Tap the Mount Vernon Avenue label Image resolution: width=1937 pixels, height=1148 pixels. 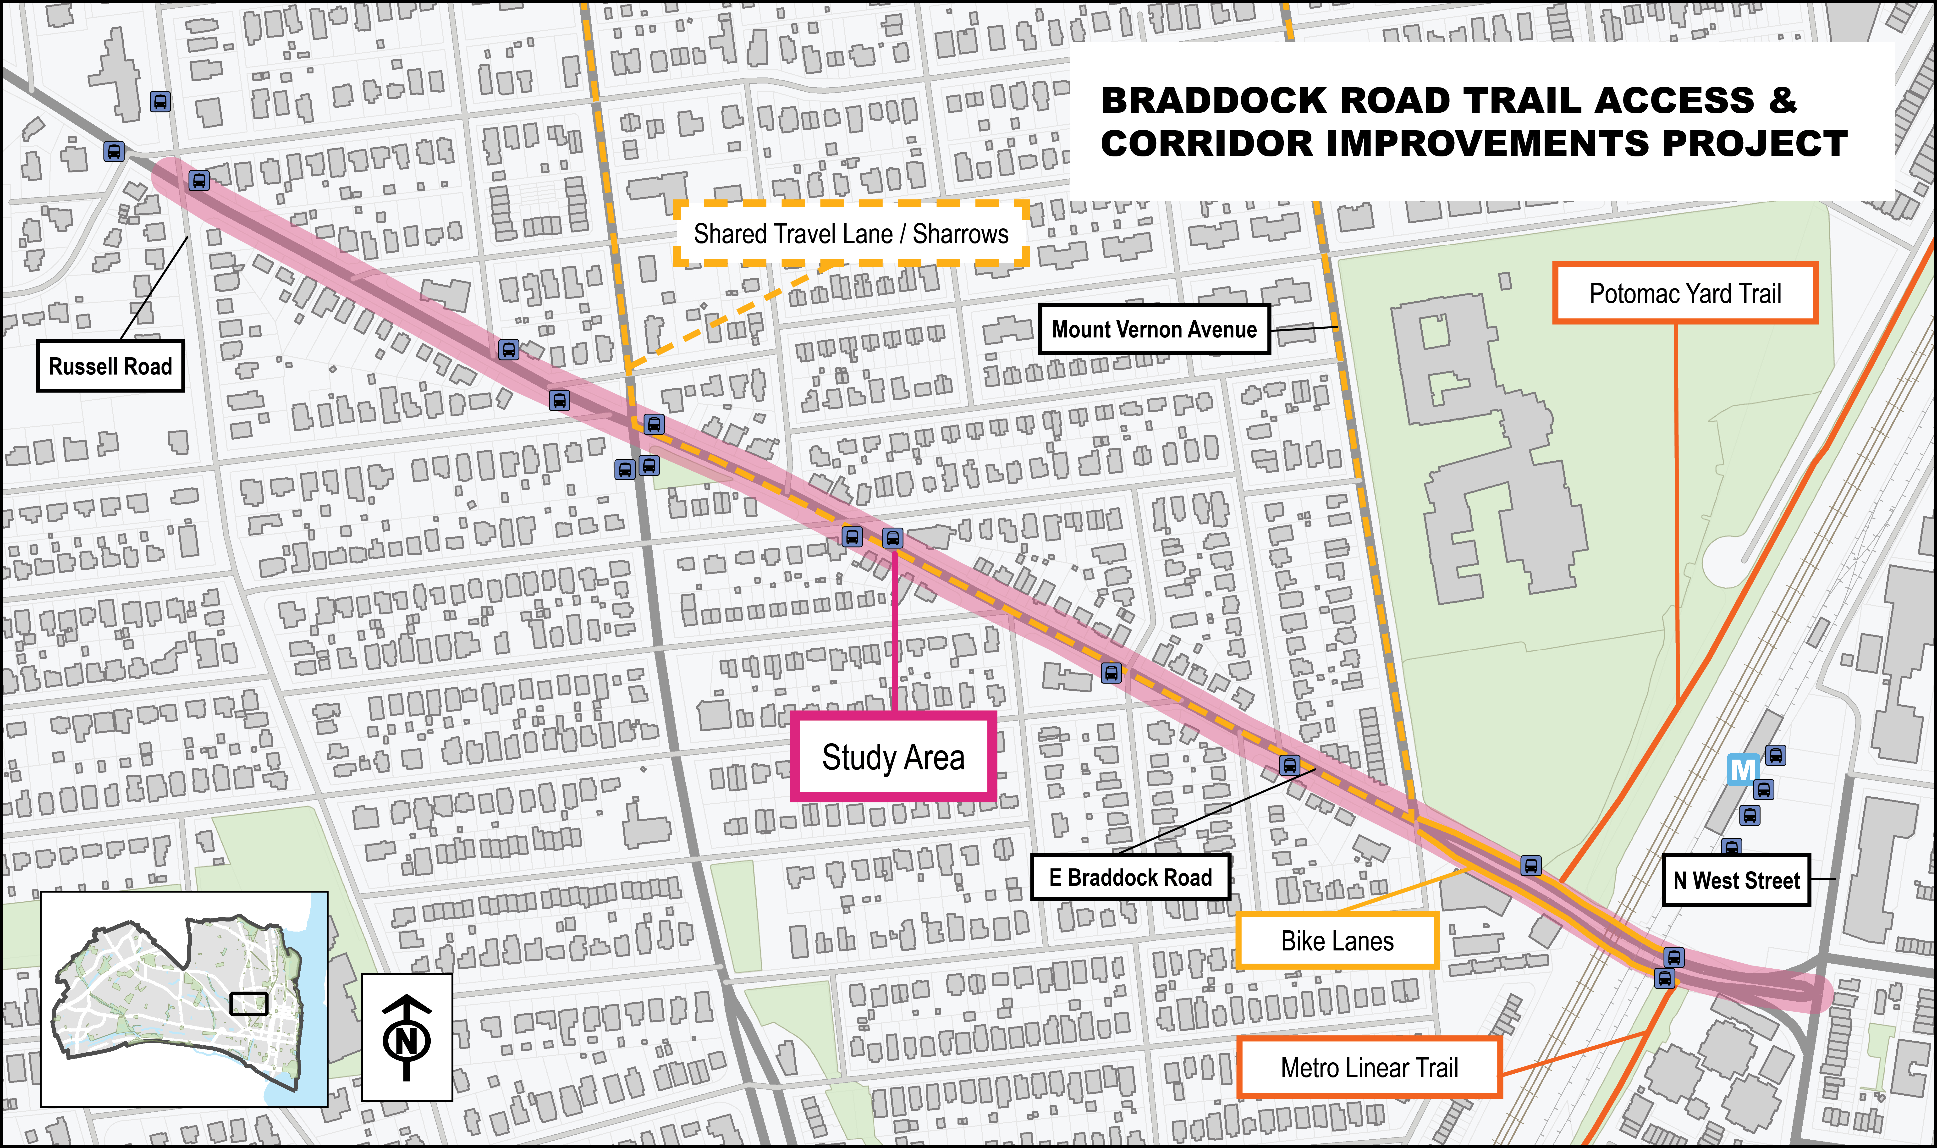coord(1154,330)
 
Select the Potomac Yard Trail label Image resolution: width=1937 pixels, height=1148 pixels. coord(1685,293)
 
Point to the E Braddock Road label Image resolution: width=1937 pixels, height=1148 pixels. coord(1130,877)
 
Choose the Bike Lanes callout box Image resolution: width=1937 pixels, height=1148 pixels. coord(1337,941)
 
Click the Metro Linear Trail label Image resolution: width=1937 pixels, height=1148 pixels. coord(1370,1068)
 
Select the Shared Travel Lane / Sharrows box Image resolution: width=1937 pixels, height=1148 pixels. coord(851,234)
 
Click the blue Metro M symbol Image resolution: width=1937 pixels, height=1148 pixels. coord(1743,771)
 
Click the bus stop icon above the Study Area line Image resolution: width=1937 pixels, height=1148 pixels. coord(892,538)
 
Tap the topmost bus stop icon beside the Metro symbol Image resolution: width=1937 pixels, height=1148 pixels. coord(1775,755)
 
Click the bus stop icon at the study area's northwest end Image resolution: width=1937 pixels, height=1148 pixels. coord(199,181)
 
